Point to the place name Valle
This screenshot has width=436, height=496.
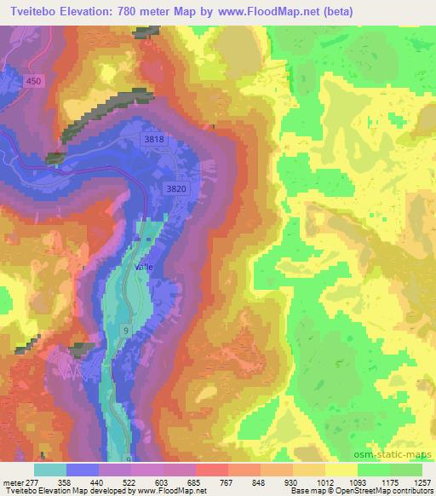pos(144,267)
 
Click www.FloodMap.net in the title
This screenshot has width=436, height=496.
pos(256,11)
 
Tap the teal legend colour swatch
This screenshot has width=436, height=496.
pos(50,470)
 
